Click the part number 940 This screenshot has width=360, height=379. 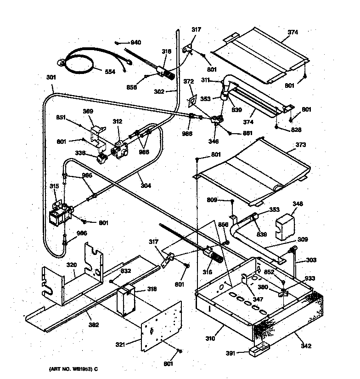coord(135,43)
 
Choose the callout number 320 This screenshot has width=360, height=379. coord(71,265)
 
